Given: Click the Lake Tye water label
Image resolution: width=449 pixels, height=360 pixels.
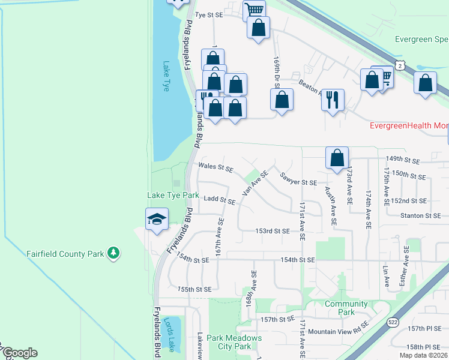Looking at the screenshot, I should (166, 76).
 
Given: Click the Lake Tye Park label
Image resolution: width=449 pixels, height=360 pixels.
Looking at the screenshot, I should (173, 196).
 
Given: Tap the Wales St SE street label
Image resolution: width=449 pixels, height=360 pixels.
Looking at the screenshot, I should (215, 169).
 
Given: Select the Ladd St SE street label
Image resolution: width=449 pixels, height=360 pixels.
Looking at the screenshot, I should (219, 199).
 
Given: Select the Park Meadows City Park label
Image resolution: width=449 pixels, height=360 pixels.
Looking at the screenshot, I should (234, 342).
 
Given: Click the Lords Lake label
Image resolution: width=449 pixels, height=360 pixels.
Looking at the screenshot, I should (171, 326).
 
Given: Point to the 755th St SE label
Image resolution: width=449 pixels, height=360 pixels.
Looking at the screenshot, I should (194, 289).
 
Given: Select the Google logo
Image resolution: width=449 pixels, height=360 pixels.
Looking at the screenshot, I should (19, 353).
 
